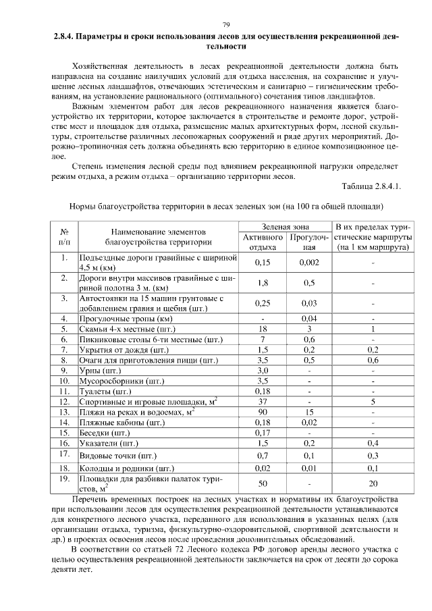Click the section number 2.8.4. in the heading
(x=67, y=37)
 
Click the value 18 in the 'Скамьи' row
(x=263, y=329)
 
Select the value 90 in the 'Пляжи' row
(x=263, y=411)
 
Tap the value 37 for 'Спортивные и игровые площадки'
(x=263, y=401)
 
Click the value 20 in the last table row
(x=373, y=483)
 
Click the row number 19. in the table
(x=65, y=479)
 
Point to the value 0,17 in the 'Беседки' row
(x=263, y=432)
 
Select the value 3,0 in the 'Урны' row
(x=263, y=370)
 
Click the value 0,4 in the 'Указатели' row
(x=373, y=443)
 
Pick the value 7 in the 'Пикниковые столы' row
(x=263, y=339)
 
